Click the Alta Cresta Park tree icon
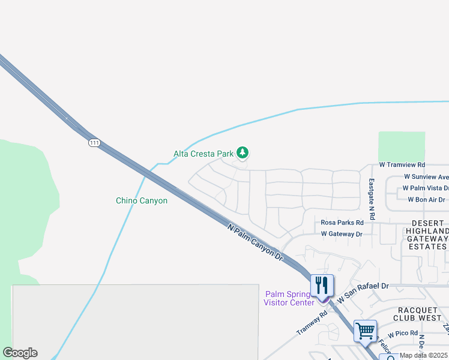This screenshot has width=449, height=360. [x=243, y=154]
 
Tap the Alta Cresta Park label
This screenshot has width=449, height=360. [x=203, y=154]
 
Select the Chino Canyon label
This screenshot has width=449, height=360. [x=142, y=201]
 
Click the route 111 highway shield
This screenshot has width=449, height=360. [x=93, y=143]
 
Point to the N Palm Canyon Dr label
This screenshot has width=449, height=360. [x=256, y=242]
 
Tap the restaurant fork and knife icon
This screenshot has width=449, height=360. [x=322, y=286]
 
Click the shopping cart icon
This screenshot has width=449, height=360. [x=365, y=331]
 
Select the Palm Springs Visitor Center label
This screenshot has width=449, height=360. [x=289, y=298]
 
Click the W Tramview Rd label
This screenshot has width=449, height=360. [x=402, y=164]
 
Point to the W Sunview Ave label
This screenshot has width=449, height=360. [x=426, y=177]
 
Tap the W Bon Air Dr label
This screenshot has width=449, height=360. [x=426, y=200]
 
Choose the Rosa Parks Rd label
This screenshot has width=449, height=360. [x=342, y=223]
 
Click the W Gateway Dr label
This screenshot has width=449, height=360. [x=342, y=234]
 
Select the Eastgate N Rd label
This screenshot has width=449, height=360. [x=372, y=199]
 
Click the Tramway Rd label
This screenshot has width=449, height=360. [x=312, y=323]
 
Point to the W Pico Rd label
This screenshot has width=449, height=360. [x=402, y=334]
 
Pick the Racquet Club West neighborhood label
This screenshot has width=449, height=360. [x=420, y=313]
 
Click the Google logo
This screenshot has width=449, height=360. [x=20, y=353]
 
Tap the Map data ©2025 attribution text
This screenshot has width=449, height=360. [x=424, y=355]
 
